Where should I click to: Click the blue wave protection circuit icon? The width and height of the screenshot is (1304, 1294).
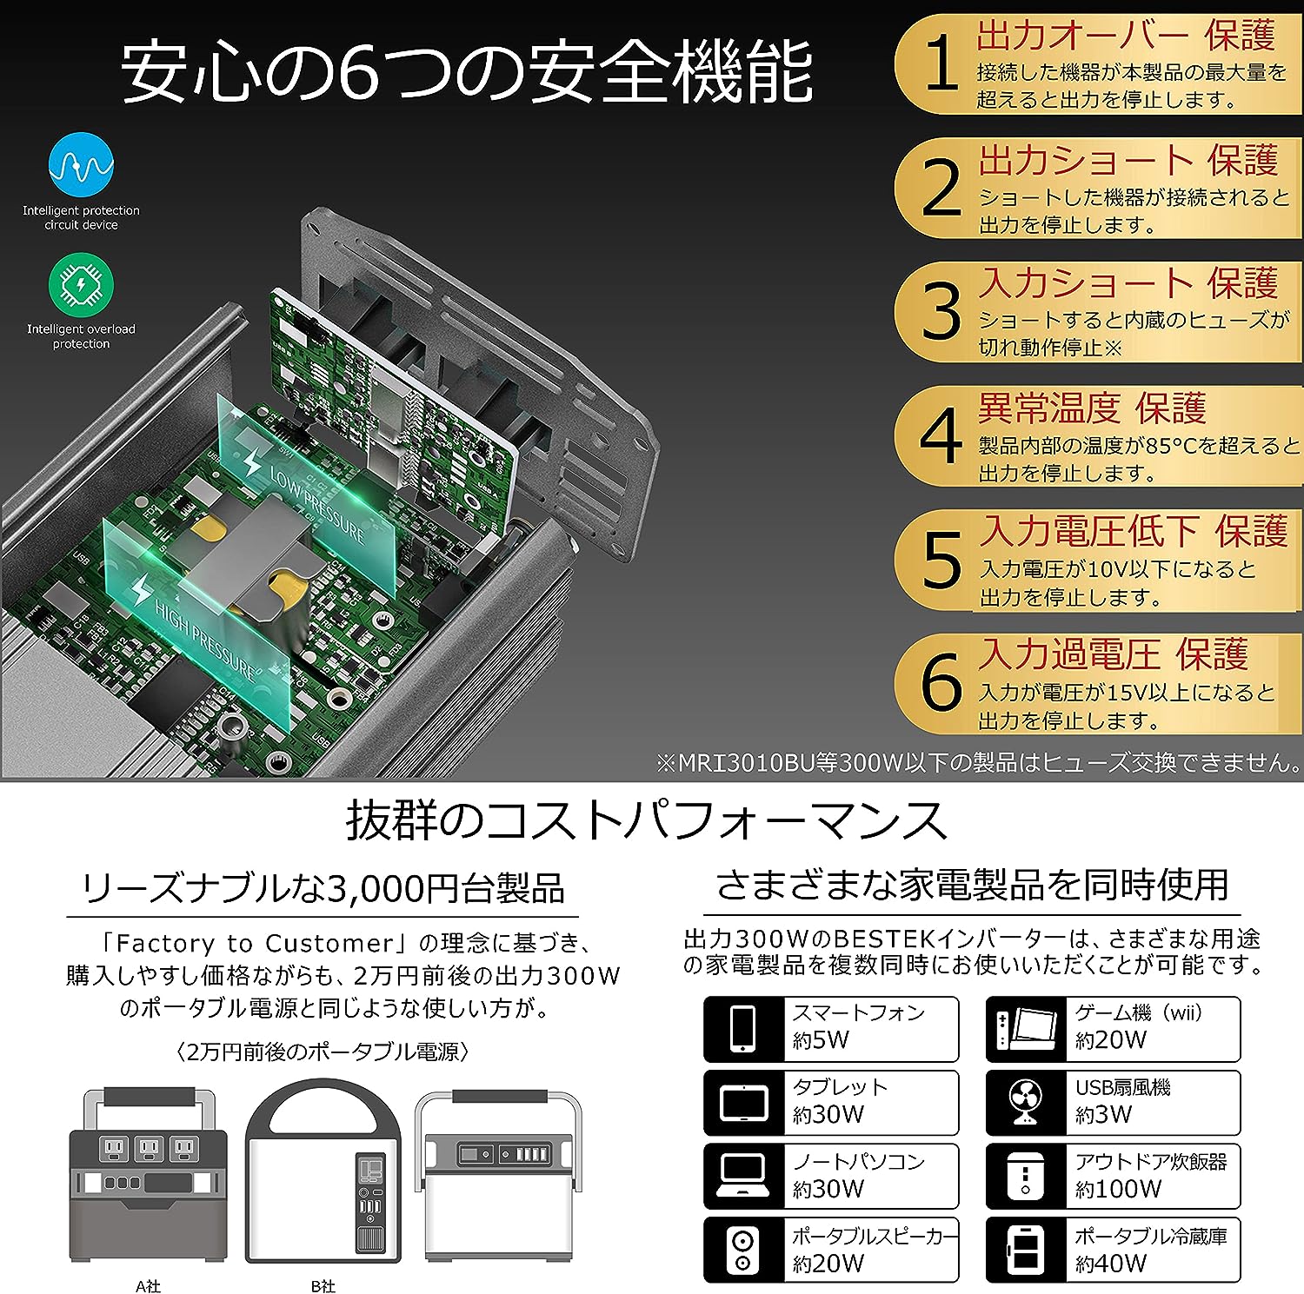[81, 165]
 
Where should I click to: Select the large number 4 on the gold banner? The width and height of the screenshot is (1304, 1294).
[941, 436]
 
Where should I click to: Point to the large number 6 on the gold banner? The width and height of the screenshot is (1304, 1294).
[941, 683]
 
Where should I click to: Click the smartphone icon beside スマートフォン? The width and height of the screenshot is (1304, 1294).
[743, 1029]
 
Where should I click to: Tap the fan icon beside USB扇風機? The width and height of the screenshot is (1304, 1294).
[1026, 1103]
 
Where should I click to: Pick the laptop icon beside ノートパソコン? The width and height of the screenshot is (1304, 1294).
[743, 1177]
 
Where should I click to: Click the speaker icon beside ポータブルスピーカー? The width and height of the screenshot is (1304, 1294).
[743, 1251]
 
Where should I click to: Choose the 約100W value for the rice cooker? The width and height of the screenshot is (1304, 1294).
[1118, 1189]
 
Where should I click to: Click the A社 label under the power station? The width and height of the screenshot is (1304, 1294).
[148, 1285]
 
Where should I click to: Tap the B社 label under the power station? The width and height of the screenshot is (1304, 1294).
[323, 1285]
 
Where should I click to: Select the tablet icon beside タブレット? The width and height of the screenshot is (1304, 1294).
[743, 1103]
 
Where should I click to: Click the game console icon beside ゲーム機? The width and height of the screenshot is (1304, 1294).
[1026, 1029]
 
